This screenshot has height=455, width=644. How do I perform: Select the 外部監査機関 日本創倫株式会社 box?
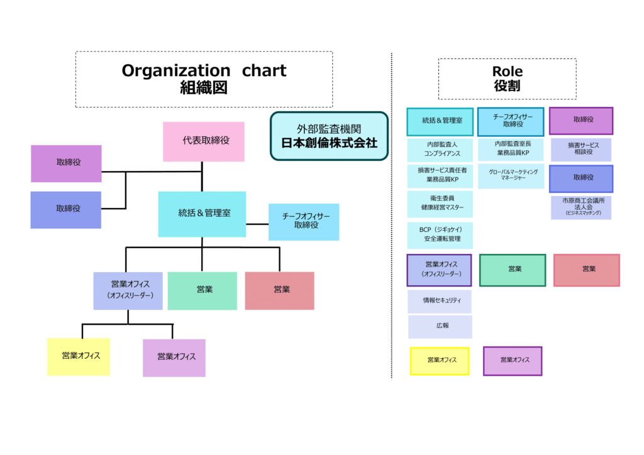329,136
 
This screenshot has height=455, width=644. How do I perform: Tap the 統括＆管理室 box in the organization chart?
202,214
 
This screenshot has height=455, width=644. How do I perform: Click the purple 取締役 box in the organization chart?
66,163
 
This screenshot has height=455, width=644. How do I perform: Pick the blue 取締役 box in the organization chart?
66,209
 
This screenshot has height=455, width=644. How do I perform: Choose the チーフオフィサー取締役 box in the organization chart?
304,221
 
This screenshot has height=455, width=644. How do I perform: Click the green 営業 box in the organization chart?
203,290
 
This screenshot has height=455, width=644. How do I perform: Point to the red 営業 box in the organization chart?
279,290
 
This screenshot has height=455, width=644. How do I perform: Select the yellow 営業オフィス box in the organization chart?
79,356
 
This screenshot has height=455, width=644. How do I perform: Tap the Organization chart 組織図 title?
204,79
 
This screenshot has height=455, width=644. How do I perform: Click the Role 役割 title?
507,79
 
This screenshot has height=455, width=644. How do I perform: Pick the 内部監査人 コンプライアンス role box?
440,149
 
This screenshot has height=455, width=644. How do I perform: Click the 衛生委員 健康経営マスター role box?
440,202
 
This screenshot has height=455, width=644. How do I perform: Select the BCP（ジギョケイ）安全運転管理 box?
440,234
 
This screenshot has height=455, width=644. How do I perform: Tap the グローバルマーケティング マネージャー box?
511,175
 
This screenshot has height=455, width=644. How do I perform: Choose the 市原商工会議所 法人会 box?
580,207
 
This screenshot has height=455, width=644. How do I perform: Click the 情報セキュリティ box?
440,301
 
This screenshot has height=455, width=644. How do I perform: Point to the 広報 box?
440,327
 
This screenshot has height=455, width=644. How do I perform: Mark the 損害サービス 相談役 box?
580,150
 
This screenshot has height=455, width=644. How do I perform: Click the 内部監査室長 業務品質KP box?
511,149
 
